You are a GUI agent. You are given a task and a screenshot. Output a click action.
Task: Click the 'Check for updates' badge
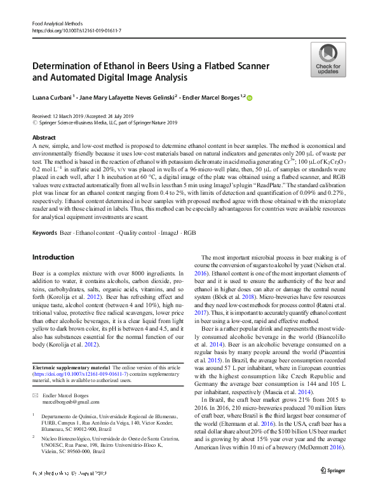pyautogui.click(x=327, y=60)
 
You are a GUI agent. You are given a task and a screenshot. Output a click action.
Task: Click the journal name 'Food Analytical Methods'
pyautogui.click(x=60, y=23)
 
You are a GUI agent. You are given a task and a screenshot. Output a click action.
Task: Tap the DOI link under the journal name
pyautogui.click(x=76, y=30)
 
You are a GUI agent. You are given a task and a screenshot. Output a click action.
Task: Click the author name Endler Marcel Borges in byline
pyautogui.click(x=213, y=97)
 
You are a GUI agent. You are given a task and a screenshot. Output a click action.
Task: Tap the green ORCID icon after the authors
pyautogui.click(x=249, y=98)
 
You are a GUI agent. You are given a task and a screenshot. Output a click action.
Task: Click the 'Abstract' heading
pyautogui.click(x=44, y=137)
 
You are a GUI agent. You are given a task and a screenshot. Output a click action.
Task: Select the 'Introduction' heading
pyautogui.click(x=53, y=257)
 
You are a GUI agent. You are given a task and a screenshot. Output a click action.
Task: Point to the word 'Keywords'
pyautogui.click(x=44, y=233)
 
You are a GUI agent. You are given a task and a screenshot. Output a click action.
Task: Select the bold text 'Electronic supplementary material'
pyautogui.click(x=71, y=367)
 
